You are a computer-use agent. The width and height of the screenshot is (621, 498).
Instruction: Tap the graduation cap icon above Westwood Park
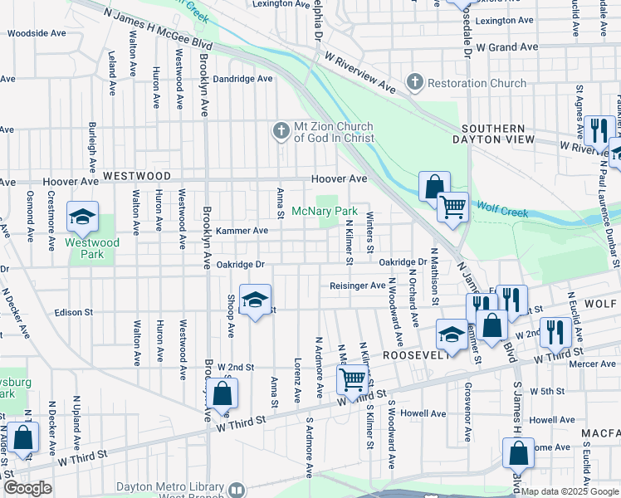coord(82,217)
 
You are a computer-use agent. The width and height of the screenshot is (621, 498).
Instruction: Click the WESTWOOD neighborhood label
coord(137,177)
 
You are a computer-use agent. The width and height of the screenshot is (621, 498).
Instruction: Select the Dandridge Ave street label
coord(242,79)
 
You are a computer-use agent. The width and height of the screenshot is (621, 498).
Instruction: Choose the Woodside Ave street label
coord(36,34)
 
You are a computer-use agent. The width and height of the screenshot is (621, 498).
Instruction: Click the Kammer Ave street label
coord(242,231)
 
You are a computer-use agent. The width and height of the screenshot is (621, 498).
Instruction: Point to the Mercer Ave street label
coord(593,364)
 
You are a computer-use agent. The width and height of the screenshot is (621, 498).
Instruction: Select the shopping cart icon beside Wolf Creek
coord(452,206)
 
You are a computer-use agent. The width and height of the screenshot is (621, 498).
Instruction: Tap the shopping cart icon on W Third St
coord(352,380)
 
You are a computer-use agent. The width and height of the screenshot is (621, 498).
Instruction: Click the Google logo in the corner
coord(27,489)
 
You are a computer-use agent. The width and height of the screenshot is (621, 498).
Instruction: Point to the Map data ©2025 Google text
coord(570,492)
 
